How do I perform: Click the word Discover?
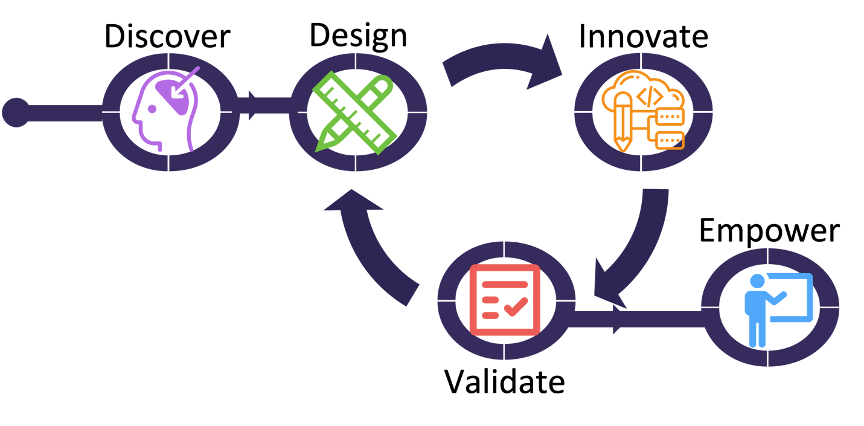[x=167, y=36]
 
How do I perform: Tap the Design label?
[x=358, y=36]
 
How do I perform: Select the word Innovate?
[x=644, y=36]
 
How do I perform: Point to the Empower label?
[x=769, y=231]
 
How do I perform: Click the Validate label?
[x=505, y=382]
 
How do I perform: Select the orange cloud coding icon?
[x=644, y=111]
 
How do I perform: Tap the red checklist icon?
[x=505, y=300]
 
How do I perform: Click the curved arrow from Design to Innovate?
[x=501, y=56]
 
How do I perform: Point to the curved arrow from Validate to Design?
[x=366, y=251]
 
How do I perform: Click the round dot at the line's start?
[x=16, y=112]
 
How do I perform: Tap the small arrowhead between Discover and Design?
[x=252, y=105]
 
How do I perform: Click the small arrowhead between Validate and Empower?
[x=617, y=319]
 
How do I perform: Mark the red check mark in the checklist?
[x=516, y=307]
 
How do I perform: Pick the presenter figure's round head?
[x=757, y=281]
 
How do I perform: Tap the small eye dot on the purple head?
[x=152, y=109]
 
